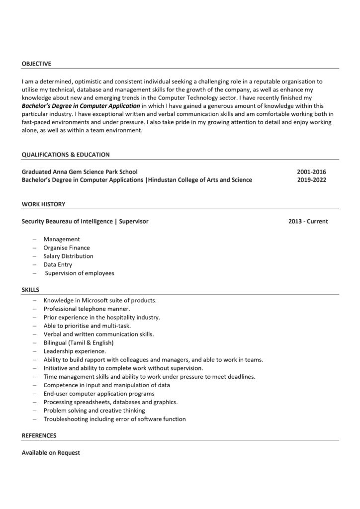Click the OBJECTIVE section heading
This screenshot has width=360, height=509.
click(x=36, y=64)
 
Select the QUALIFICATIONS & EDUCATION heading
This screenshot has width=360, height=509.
click(x=66, y=155)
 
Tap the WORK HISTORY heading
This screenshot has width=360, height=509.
click(x=43, y=204)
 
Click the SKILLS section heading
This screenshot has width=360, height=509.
click(x=30, y=289)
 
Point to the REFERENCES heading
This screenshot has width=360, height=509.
click(x=39, y=435)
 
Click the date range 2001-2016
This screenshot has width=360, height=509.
click(x=312, y=171)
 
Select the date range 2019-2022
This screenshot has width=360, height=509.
click(x=312, y=180)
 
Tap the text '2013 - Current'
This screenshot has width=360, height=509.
click(x=308, y=221)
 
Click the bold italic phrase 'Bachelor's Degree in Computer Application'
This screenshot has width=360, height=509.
click(x=81, y=106)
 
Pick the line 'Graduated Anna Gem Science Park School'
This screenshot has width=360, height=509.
click(x=80, y=171)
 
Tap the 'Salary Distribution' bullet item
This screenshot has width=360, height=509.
click(x=68, y=256)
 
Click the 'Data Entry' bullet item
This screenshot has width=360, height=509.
click(x=58, y=264)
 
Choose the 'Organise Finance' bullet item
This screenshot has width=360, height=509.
click(x=67, y=248)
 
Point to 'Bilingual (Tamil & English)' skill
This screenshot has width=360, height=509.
click(x=79, y=343)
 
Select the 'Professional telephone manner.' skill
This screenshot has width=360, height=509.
click(x=87, y=309)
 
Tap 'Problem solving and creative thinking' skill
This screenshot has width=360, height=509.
click(x=94, y=411)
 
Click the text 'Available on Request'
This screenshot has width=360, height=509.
click(x=51, y=453)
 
